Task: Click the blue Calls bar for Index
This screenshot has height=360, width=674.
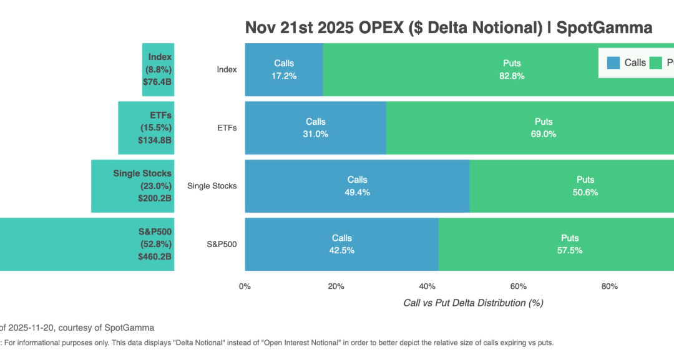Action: click(284, 69)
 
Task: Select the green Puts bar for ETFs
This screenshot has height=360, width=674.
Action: click(530, 128)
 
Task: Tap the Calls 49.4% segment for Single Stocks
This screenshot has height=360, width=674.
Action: click(358, 186)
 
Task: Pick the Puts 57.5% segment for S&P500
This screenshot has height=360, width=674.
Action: click(555, 244)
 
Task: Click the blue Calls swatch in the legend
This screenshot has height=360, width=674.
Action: click(613, 62)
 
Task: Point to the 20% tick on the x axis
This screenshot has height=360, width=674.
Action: click(336, 286)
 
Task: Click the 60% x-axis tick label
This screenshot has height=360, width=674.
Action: click(518, 286)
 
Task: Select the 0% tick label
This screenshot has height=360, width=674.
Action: click(245, 286)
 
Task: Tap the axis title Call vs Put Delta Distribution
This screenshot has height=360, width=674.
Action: click(473, 303)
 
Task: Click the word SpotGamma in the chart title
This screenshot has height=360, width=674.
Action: click(611, 27)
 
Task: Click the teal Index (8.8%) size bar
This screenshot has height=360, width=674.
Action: click(157, 69)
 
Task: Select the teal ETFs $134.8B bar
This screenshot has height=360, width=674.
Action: click(146, 128)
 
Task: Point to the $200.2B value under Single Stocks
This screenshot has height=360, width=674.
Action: click(155, 198)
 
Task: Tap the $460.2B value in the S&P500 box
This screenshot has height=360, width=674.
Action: click(155, 256)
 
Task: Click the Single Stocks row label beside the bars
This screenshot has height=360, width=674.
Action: click(212, 186)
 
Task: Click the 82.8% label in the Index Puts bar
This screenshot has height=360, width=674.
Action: click(512, 75)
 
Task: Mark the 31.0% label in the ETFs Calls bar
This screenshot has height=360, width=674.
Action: click(315, 134)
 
